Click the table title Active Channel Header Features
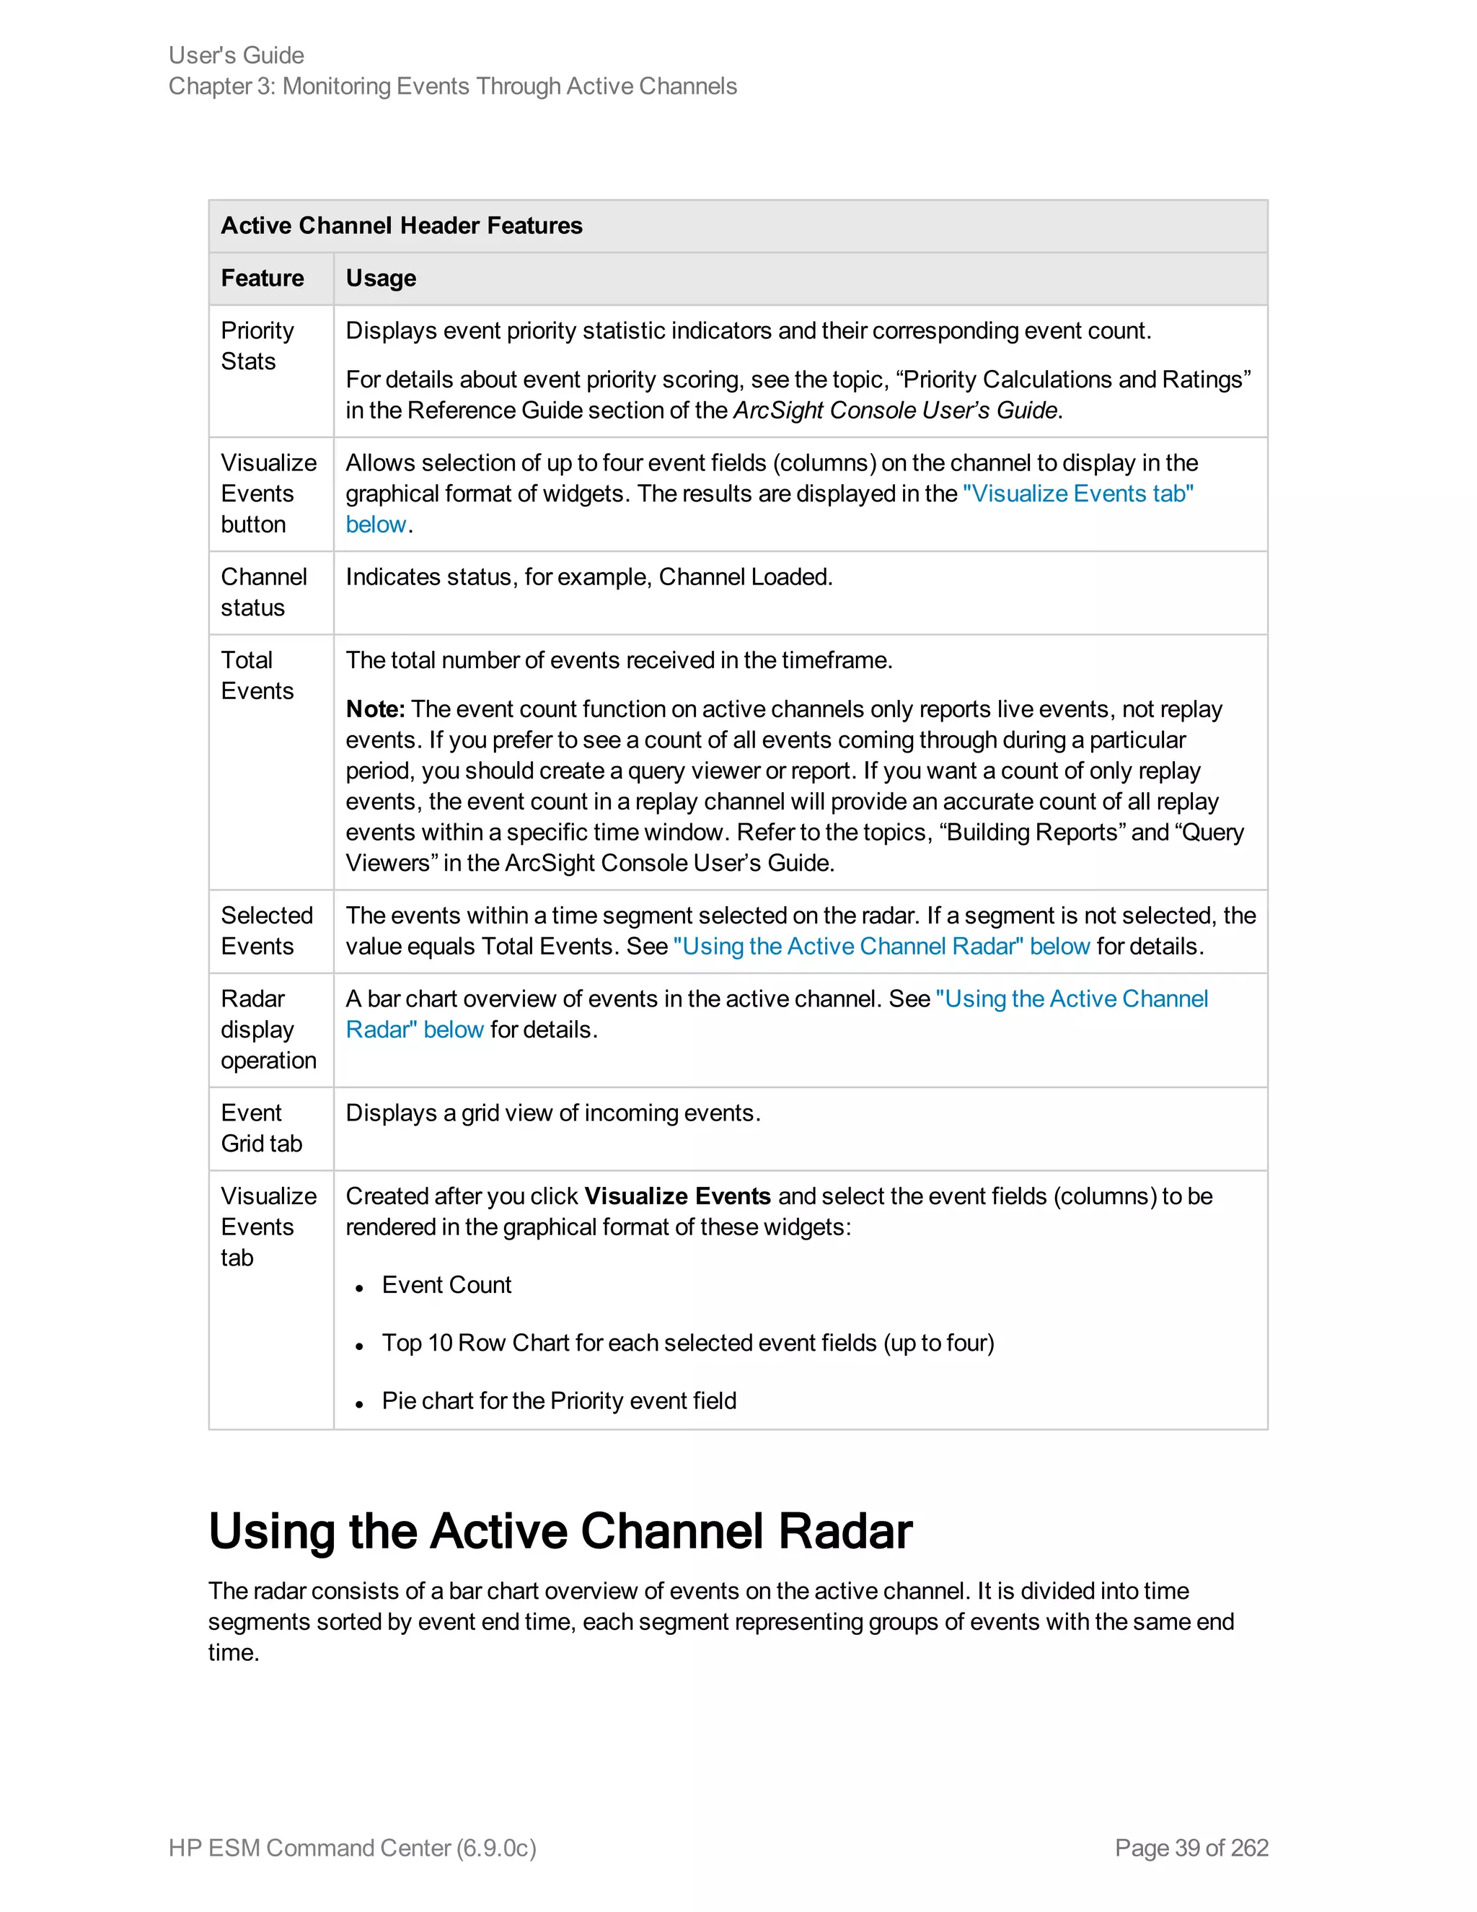pos(401,226)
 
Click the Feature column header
pos(263,279)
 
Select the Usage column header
pos(381,279)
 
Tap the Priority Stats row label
pos(257,346)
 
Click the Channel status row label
pos(263,592)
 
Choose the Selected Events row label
pos(266,931)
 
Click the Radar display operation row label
pos(268,1030)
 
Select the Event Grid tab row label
pos(261,1128)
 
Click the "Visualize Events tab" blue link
pos(1077,494)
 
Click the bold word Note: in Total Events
pos(374,709)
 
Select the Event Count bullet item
pos(446,1284)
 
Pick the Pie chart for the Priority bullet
pos(558,1400)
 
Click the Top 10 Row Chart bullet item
pos(688,1343)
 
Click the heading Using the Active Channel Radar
pos(560,1531)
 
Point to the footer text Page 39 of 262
pos(1191,1847)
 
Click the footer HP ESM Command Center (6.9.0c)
pos(352,1847)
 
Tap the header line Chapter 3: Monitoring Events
pos(452,86)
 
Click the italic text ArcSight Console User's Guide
pos(895,411)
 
